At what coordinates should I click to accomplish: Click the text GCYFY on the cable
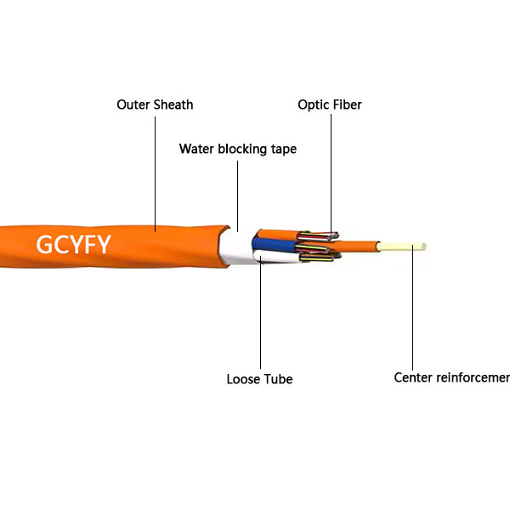pos(72,245)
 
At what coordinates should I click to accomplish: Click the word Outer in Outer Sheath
pos(133,105)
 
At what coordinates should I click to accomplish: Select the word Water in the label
pos(196,149)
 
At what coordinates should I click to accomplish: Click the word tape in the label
pos(285,150)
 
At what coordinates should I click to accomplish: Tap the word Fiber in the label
pos(347,105)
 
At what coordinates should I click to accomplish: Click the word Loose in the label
pos(244,379)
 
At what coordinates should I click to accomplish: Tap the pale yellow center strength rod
pos(404,247)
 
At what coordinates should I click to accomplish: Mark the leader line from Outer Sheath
pos(155,170)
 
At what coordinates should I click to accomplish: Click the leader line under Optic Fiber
pos(330,170)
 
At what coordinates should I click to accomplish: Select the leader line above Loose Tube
pos(260,323)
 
